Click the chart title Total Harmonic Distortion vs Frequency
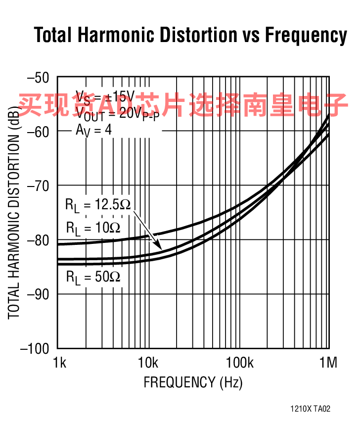(x=190, y=36)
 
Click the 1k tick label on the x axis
(x=59, y=364)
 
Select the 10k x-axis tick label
(x=148, y=364)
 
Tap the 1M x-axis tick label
(x=327, y=364)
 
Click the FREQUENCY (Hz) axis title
(x=193, y=382)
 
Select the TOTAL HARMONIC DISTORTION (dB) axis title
(x=13, y=213)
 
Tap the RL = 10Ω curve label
(x=93, y=228)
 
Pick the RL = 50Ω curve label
(x=93, y=276)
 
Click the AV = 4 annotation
(x=93, y=131)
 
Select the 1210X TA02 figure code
(x=310, y=409)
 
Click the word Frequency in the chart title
(x=306, y=36)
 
